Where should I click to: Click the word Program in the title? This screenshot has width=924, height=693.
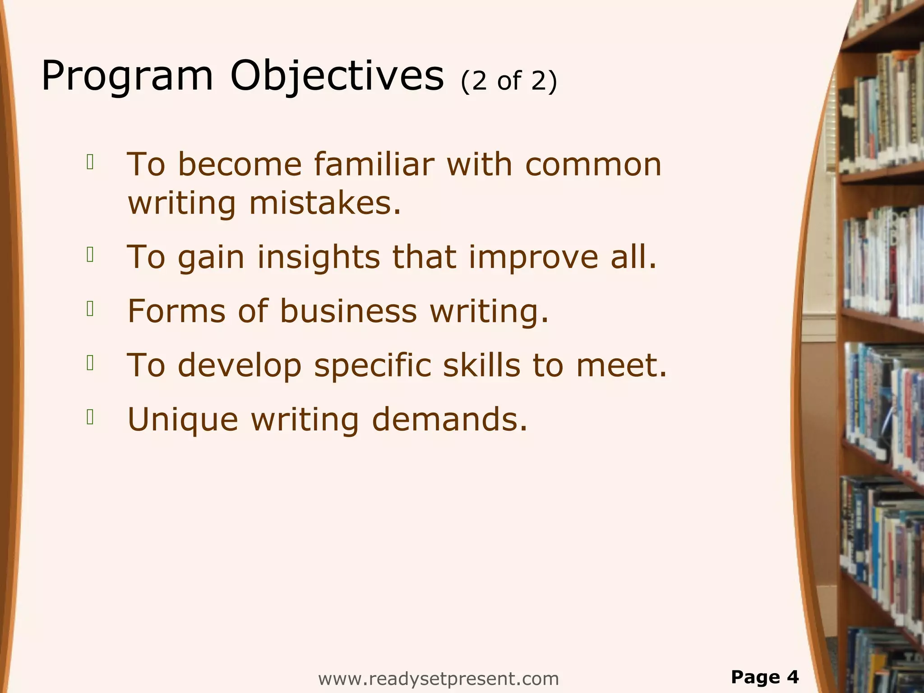[127, 76]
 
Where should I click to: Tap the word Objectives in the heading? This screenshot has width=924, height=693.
[337, 76]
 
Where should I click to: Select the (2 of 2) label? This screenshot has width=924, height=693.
[509, 81]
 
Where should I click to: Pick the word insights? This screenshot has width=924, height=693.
[319, 257]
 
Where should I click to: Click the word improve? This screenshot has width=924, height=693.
[534, 257]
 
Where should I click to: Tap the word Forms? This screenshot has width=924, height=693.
[176, 311]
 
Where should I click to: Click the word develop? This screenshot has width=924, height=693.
[240, 365]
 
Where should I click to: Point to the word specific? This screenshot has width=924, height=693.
[373, 365]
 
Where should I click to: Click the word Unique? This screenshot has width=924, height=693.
[183, 420]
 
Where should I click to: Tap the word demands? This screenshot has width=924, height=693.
[449, 420]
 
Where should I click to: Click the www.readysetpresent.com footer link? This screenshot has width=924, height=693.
[438, 679]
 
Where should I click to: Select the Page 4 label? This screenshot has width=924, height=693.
[765, 677]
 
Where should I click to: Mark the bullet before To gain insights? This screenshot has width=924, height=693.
[90, 255]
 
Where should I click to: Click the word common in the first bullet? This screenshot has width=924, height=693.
[593, 164]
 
